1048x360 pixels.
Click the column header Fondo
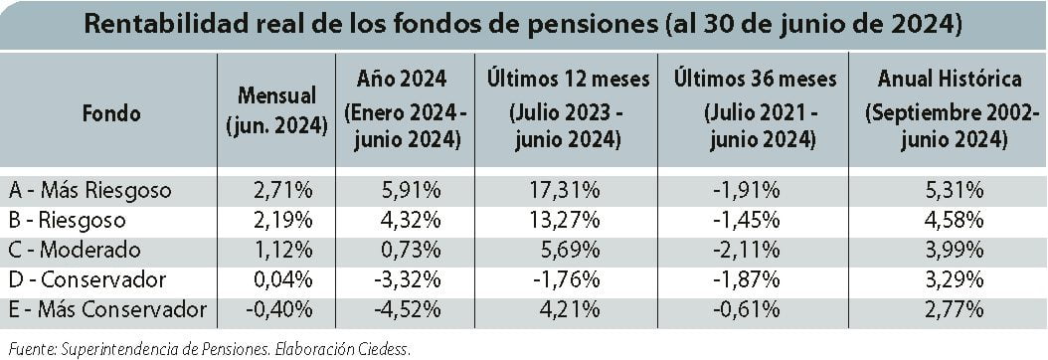coord(111,113)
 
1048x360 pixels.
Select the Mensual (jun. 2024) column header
coord(276,109)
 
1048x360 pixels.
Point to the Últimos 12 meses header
coord(568,109)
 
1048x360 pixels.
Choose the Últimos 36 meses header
coord(755,109)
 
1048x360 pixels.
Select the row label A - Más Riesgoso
coord(90,191)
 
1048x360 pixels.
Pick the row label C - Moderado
coord(75,250)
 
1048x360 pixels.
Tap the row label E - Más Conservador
coord(107,310)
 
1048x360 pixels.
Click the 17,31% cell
coord(567,191)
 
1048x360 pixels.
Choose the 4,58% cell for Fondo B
coord(954,220)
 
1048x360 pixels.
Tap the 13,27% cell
coord(567,220)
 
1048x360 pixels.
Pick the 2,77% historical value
coord(954,310)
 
